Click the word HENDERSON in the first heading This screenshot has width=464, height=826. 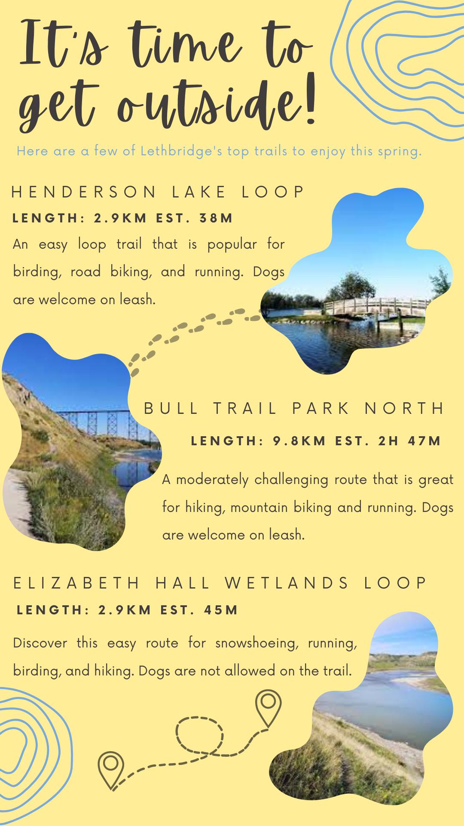[x=84, y=192]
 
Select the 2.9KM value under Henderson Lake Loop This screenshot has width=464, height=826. [x=120, y=218]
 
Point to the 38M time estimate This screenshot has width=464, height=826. [x=216, y=218]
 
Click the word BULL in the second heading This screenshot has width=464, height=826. [x=171, y=408]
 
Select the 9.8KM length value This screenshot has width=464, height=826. [x=299, y=441]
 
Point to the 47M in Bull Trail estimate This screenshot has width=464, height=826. [x=424, y=441]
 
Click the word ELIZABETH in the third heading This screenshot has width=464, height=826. [x=76, y=583]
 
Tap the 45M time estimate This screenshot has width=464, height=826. [x=221, y=610]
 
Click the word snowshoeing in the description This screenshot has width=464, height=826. [x=256, y=643]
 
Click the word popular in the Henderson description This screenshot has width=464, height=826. [x=232, y=245]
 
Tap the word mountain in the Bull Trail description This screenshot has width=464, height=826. [x=259, y=508]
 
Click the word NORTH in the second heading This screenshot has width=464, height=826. [x=404, y=408]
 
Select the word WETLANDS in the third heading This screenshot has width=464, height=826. [x=287, y=583]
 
